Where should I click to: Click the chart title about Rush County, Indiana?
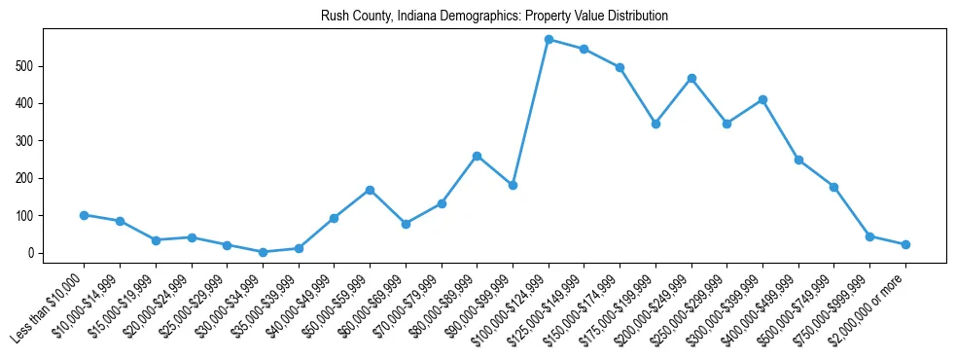point(494,17)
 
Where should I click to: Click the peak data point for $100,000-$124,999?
point(549,40)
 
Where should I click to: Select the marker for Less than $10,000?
point(85,215)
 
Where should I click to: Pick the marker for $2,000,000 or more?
point(905,244)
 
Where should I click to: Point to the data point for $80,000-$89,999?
point(478,156)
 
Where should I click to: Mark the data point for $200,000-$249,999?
point(691,78)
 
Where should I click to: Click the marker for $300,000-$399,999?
point(762,99)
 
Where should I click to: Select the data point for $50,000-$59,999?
point(370,190)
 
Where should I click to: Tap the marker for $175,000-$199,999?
point(655,124)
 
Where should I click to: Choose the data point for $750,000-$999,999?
point(869,236)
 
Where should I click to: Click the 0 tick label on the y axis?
point(32,253)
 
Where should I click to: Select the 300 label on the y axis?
point(27,141)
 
